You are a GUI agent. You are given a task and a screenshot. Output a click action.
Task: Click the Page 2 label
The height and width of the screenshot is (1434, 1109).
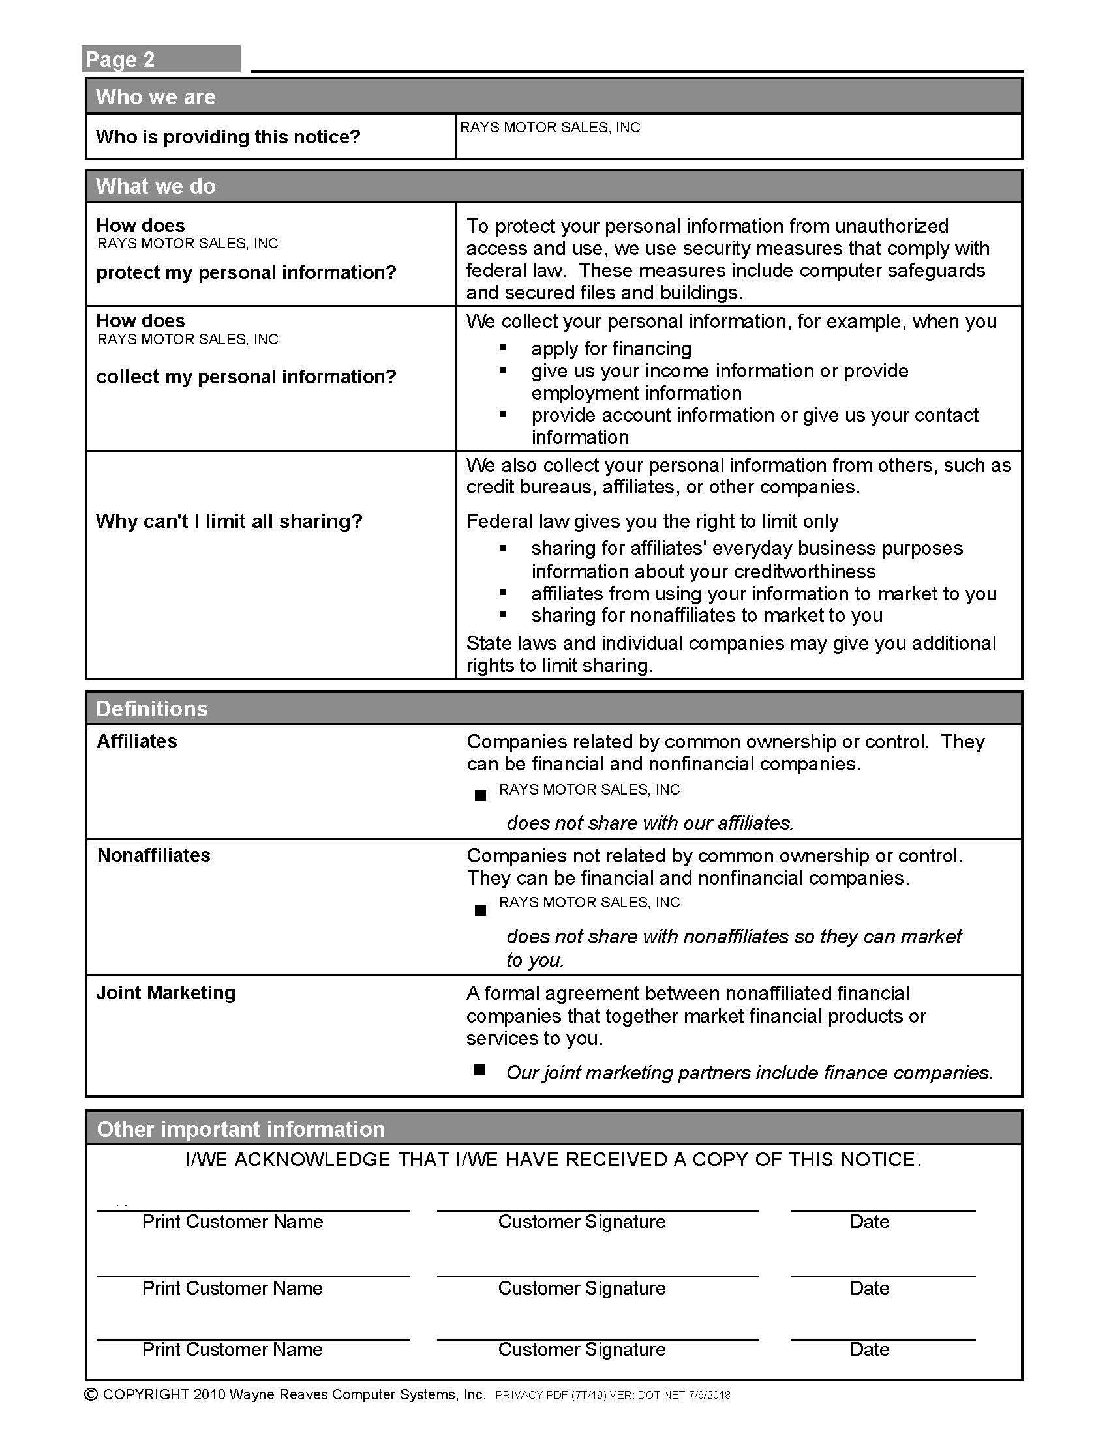point(120,60)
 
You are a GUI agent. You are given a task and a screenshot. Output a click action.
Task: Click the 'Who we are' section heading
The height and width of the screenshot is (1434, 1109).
point(156,97)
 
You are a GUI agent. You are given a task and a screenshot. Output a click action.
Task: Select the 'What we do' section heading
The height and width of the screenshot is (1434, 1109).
point(156,186)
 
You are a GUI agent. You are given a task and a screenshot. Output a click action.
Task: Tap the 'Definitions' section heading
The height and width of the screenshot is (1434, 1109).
point(152,709)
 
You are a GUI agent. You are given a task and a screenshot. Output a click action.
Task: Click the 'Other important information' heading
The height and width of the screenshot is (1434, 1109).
point(241,1130)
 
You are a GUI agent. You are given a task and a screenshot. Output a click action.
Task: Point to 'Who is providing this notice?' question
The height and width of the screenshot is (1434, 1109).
point(228,137)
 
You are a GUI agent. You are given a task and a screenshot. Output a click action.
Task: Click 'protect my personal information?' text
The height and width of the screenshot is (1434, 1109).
point(247,272)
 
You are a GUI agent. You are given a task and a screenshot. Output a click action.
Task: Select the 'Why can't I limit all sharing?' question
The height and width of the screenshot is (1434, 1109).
point(229,521)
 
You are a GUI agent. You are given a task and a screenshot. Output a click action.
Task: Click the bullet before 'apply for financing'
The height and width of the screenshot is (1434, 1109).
point(504,347)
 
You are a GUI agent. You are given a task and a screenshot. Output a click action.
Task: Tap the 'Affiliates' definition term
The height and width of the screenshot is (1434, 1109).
point(137,741)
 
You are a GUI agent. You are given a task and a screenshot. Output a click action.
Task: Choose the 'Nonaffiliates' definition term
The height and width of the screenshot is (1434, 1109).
point(154,856)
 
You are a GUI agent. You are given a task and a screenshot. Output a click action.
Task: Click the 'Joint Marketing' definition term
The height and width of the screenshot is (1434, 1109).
point(166,993)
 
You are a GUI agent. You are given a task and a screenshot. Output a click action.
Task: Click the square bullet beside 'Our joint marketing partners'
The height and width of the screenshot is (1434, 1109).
point(480,1071)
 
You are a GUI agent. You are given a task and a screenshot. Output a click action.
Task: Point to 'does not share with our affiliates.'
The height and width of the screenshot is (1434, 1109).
point(650,823)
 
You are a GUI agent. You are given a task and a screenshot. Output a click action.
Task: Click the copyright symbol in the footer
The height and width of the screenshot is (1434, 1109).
point(92,1396)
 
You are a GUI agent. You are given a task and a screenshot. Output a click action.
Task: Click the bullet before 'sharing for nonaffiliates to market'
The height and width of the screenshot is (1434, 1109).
point(504,615)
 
